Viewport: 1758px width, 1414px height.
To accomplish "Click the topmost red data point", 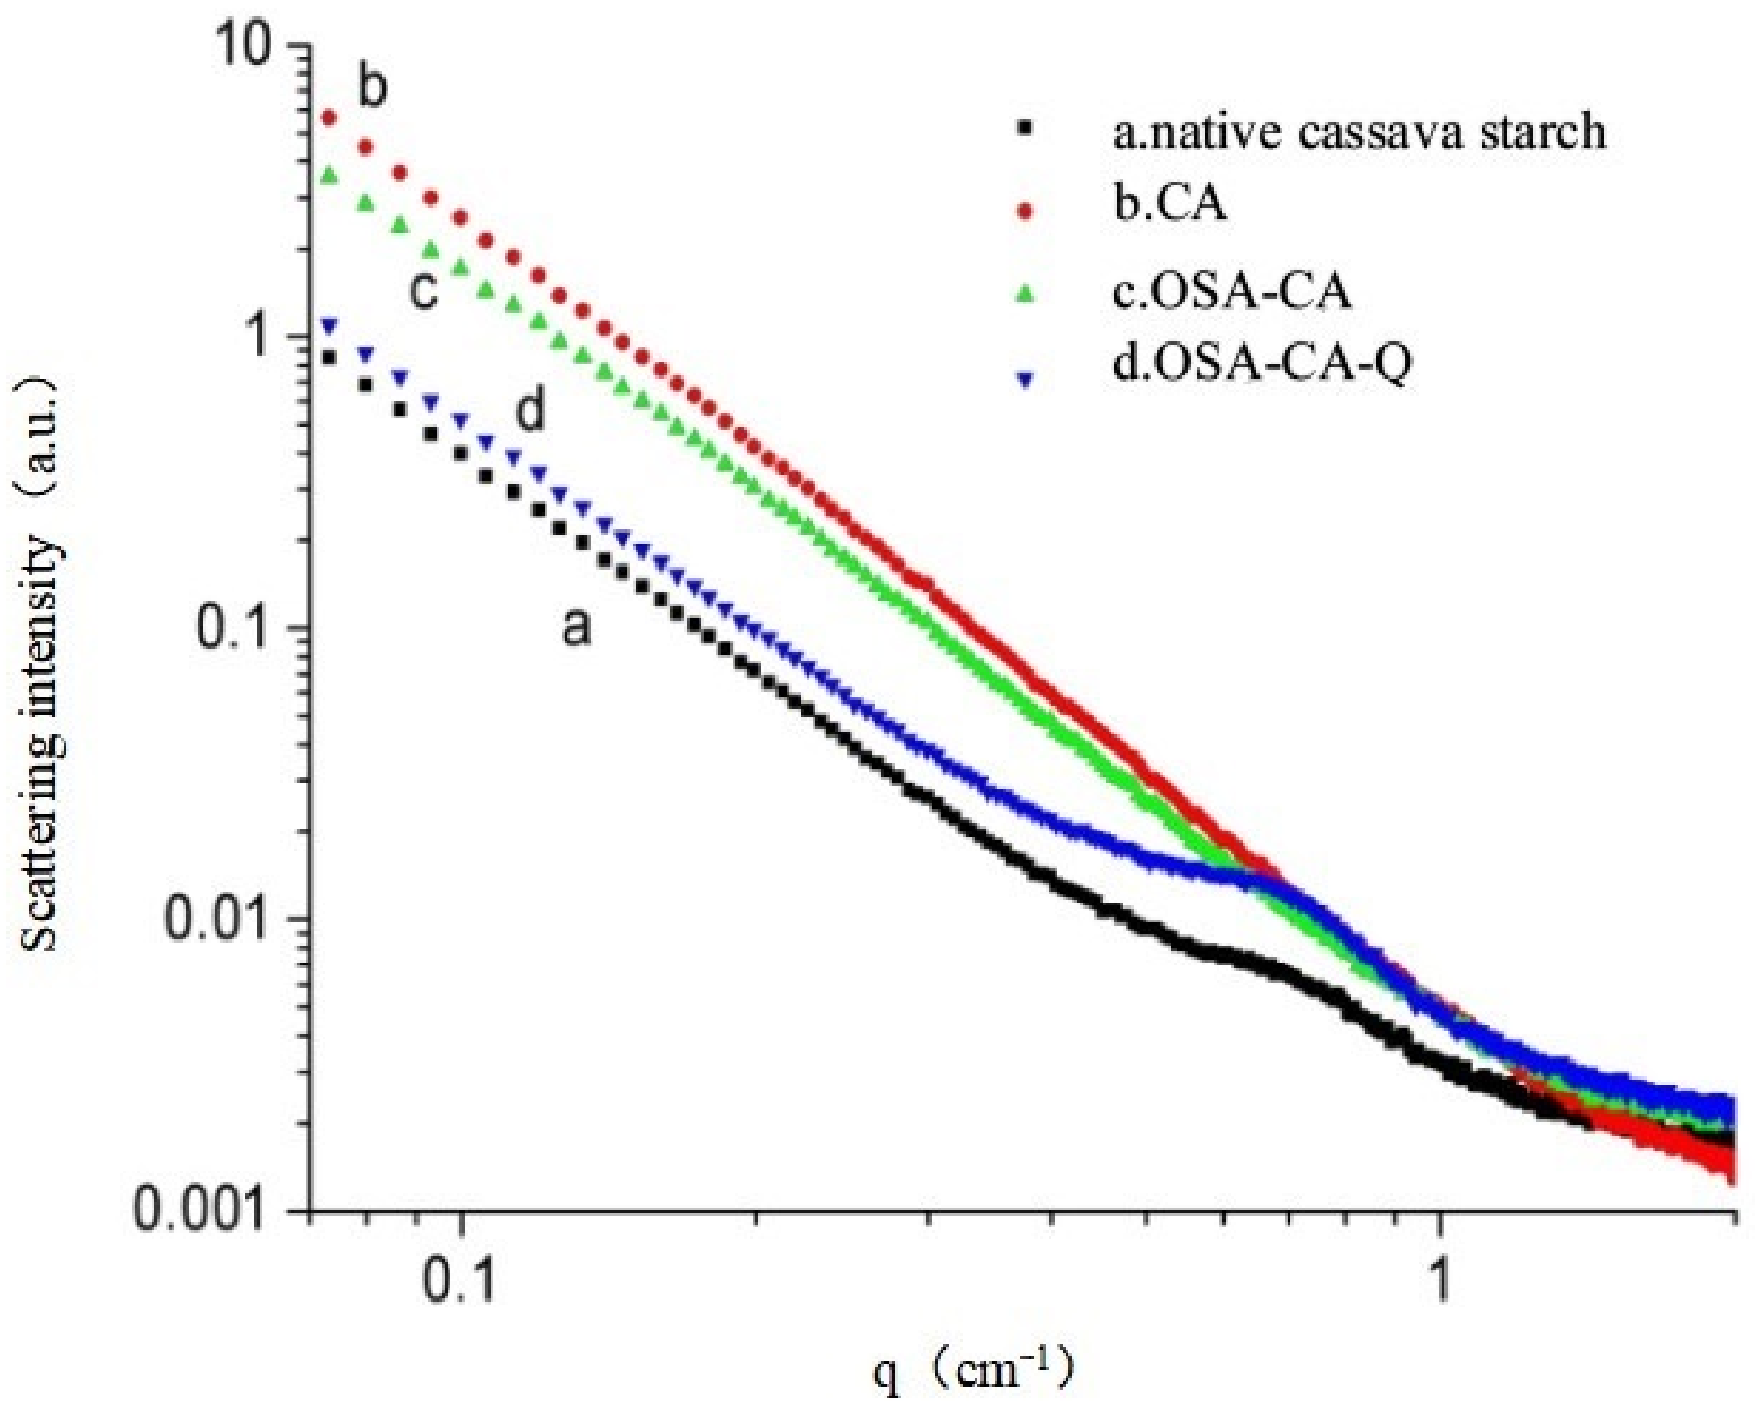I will point(329,119).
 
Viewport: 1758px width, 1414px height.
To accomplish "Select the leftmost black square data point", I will point(329,357).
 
